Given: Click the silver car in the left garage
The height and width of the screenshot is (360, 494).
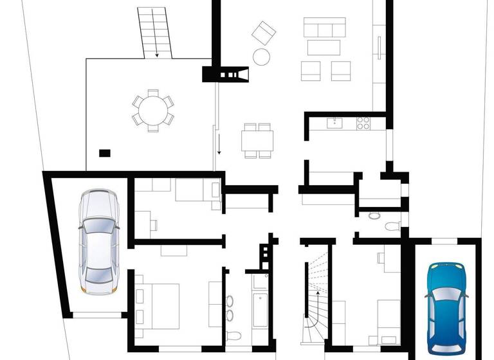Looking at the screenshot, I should tap(98, 240).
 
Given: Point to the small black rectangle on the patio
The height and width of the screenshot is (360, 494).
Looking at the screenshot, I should tap(104, 153).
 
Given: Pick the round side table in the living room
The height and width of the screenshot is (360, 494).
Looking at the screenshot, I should tap(261, 57).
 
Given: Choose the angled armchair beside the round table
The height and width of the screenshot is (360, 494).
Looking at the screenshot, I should tap(263, 32).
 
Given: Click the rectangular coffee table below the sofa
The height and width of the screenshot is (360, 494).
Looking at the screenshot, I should tap(324, 48).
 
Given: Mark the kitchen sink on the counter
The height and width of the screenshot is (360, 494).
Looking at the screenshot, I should tap(334, 123).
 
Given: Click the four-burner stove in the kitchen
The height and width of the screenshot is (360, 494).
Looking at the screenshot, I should tap(363, 122).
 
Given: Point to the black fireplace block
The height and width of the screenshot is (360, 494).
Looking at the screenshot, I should tap(225, 75).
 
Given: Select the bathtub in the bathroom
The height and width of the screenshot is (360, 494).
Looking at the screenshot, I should tap(260, 309).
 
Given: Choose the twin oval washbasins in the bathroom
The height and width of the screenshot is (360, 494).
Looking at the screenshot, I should tap(230, 307).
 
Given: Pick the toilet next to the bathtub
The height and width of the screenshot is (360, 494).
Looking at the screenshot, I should tap(235, 336).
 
